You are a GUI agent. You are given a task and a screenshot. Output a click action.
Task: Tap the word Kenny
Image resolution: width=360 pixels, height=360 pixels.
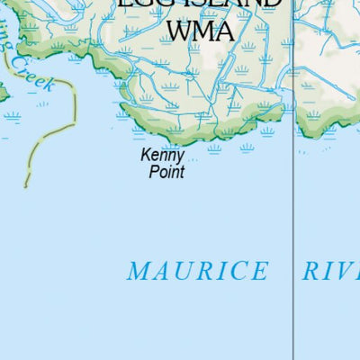pyautogui.click(x=163, y=156)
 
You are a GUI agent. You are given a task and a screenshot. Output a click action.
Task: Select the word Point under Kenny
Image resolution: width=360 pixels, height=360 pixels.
pyautogui.click(x=166, y=171)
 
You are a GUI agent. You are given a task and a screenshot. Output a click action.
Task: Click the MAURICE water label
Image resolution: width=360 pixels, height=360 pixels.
pyautogui.click(x=197, y=271)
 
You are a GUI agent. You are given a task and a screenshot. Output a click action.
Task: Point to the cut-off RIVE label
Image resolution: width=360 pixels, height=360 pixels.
pyautogui.click(x=330, y=271)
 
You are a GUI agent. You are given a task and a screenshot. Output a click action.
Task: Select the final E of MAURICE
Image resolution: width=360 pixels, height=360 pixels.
pyautogui.click(x=259, y=271)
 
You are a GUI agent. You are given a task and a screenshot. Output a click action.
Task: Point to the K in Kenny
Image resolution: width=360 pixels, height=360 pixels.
pyautogui.click(x=146, y=155)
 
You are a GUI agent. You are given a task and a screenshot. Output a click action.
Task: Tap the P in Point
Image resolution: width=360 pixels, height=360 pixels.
pyautogui.click(x=153, y=171)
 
